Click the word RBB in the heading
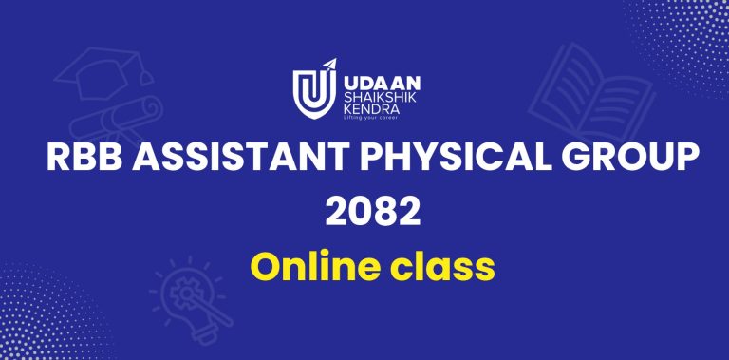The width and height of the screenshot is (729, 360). [x=84, y=158]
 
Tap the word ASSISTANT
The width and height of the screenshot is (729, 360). [x=241, y=158]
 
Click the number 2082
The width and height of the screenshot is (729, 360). [x=373, y=212]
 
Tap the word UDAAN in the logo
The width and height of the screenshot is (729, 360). [x=382, y=84]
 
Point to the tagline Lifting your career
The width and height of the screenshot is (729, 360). [x=370, y=118]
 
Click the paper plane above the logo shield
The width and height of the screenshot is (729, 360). [x=329, y=65]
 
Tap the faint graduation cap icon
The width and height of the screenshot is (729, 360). [x=103, y=72]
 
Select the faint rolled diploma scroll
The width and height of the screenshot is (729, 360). [x=117, y=120]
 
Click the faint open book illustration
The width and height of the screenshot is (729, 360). [x=591, y=93]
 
